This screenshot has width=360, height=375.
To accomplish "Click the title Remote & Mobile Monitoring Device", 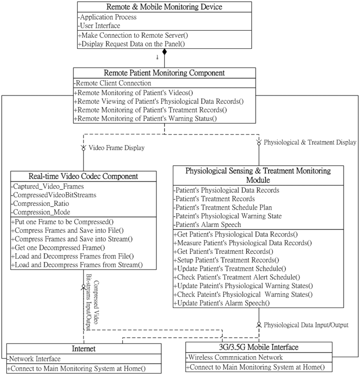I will click(164, 7).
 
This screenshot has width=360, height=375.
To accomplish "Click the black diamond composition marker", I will click(164, 52).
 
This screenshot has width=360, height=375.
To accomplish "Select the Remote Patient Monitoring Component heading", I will click(164, 73).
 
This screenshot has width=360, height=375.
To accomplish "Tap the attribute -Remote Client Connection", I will click(112, 83).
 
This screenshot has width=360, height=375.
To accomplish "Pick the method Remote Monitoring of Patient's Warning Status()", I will click(145, 119).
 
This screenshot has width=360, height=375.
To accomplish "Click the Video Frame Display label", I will click(116, 148).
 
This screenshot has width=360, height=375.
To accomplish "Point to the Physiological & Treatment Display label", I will click(310, 142).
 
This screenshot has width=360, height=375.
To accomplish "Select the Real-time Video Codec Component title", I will click(83, 176).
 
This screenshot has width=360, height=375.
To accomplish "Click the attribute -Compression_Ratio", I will click(40, 204).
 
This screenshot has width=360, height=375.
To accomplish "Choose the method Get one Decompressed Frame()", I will click(58, 247).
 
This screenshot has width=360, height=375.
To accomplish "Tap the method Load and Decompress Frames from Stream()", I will click(77, 265).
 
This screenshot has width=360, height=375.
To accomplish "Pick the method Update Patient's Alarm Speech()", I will click(221, 303).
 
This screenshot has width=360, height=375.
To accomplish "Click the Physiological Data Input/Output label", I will click(306, 325).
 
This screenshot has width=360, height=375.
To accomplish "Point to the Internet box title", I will click(84, 349).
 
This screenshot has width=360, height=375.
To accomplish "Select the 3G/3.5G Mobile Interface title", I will click(259, 347).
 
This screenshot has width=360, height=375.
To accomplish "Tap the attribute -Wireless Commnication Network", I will click(234, 357).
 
